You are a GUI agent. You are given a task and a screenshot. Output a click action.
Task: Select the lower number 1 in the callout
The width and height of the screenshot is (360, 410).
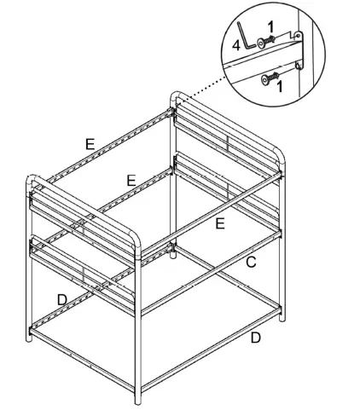click(281, 86)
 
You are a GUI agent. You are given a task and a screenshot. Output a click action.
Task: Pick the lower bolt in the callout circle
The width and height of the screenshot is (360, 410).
click(272, 78)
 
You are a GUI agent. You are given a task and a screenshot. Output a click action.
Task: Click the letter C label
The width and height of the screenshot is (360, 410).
click(252, 263)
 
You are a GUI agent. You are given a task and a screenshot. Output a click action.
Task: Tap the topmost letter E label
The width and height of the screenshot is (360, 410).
click(90, 144)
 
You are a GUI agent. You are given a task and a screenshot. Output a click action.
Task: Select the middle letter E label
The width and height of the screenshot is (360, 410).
click(131, 180)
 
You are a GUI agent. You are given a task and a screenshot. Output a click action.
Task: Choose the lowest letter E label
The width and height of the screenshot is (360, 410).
click(219, 223)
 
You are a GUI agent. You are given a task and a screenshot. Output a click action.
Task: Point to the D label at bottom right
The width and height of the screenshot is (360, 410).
click(254, 338)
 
